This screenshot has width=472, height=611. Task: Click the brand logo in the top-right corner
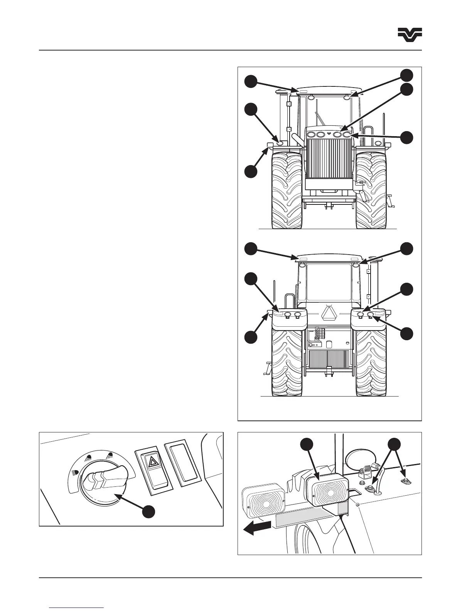pos(410,35)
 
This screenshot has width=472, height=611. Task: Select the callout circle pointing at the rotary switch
pos(148,511)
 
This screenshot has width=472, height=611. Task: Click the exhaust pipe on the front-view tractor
pos(296,137)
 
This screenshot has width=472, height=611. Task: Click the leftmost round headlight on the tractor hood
pos(310,134)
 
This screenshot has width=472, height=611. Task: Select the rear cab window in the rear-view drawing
pos(329,283)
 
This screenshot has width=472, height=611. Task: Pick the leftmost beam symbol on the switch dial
pos(74,472)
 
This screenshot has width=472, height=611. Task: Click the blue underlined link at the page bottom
pos(77,607)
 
